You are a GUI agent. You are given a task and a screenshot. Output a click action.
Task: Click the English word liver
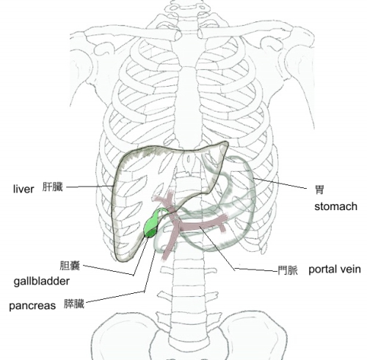(x=23, y=189)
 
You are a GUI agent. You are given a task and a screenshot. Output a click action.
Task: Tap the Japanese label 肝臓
(x=53, y=187)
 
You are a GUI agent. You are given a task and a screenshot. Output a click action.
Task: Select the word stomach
(x=335, y=206)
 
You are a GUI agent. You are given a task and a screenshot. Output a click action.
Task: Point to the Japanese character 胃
(x=319, y=190)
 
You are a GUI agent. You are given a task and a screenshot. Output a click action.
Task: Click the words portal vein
(x=335, y=270)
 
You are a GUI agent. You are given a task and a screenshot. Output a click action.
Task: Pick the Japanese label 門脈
(x=288, y=270)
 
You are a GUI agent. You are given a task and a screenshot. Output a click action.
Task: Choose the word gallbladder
(x=42, y=281)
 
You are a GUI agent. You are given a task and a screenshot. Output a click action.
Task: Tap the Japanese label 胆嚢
(x=70, y=265)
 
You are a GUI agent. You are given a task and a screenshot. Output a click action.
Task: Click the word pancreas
(x=32, y=306)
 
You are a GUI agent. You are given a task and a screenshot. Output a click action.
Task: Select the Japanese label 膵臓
(x=74, y=304)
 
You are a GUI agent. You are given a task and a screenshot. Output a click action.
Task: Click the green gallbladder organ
(x=151, y=225)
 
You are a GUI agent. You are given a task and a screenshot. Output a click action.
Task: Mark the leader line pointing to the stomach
(x=280, y=183)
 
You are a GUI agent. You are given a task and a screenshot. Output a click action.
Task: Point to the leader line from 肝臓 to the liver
(x=90, y=187)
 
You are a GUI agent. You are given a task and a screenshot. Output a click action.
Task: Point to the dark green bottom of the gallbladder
(x=150, y=234)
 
